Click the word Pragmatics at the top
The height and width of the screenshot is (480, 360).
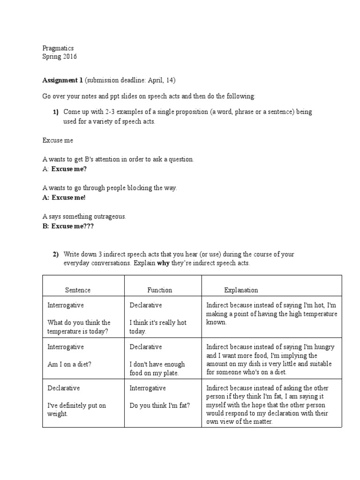tap(58, 48)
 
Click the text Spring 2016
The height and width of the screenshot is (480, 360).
tap(60, 57)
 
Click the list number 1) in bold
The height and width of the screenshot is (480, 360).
tap(55, 112)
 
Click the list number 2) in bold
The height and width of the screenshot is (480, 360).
tap(55, 255)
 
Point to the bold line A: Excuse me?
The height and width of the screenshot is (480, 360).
tap(65, 169)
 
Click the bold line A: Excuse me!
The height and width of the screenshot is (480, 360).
tap(64, 197)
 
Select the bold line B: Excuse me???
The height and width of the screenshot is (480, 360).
tap(68, 226)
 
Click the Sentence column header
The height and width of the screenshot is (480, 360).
tap(77, 290)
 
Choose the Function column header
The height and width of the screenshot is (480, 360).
tap(159, 290)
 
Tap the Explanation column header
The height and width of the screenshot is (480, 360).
tap(241, 290)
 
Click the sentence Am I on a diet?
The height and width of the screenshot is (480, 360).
tap(69, 364)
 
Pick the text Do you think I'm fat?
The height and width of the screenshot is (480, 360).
tap(160, 405)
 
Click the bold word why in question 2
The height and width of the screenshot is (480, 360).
tap(163, 263)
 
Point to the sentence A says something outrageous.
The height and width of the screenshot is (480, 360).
tap(84, 217)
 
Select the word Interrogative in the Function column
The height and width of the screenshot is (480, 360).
tap(147, 388)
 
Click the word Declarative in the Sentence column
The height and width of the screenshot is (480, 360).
tap(64, 388)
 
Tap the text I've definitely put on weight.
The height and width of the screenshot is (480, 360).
tap(77, 410)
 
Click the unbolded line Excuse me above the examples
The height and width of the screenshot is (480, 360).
tap(58, 140)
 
